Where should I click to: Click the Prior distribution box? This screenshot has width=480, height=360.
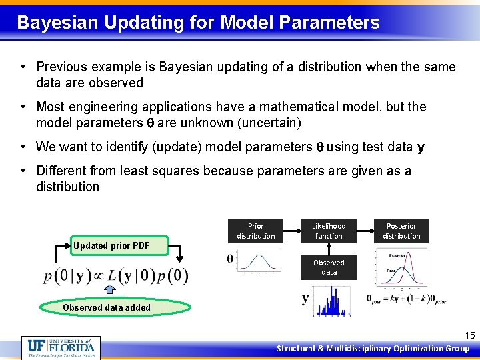(x=255, y=231)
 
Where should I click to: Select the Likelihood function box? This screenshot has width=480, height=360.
(x=329, y=231)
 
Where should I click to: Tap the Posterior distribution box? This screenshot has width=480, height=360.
(x=401, y=231)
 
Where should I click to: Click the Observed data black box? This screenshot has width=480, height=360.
(x=329, y=267)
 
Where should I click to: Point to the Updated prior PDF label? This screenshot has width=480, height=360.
(x=111, y=245)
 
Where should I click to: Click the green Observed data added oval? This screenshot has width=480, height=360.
(x=115, y=307)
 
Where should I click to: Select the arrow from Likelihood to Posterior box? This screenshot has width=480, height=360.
(x=365, y=231)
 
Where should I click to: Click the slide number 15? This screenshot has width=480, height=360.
(x=469, y=335)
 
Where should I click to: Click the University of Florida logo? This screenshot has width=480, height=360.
(x=61, y=347)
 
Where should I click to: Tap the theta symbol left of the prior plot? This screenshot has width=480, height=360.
(x=231, y=259)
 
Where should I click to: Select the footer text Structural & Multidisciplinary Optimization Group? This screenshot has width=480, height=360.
(x=373, y=348)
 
